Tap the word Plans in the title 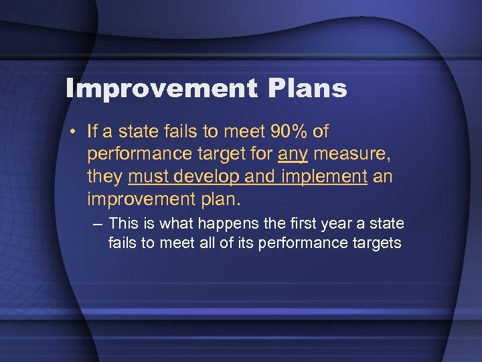311,88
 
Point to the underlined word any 293,154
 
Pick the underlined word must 147,178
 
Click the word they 104,178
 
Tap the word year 334,223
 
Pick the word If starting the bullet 93,130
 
